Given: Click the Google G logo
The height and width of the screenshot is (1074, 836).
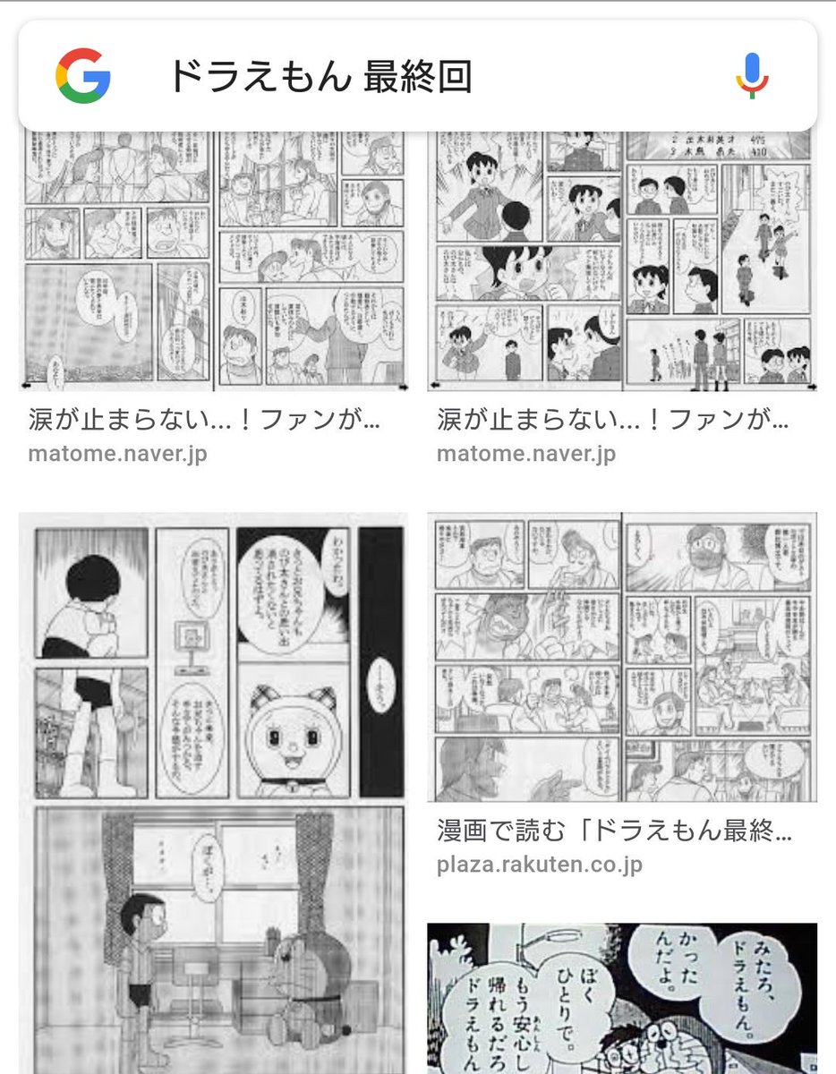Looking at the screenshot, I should (x=82, y=76).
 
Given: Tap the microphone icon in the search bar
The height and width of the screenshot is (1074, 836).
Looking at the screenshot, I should (x=752, y=75).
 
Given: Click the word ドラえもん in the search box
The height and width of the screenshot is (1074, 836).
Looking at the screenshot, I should (x=259, y=77).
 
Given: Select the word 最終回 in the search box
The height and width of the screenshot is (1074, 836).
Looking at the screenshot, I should (x=417, y=77).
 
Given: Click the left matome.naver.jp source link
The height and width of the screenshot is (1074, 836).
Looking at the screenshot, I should (x=117, y=453).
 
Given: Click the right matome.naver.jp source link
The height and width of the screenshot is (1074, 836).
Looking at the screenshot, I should (x=526, y=453).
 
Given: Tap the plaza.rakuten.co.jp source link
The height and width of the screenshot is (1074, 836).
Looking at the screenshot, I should (x=539, y=865).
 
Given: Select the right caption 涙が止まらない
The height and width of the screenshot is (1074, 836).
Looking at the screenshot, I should (x=612, y=419).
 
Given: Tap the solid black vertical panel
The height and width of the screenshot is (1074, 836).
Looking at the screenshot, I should (x=380, y=662).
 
